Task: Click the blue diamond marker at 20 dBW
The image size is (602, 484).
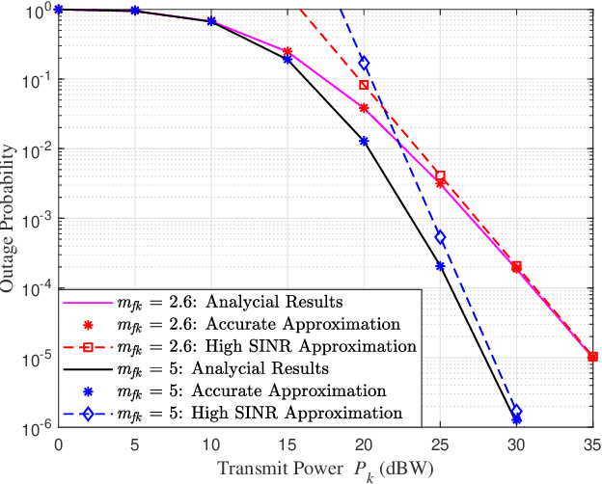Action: coord(364,63)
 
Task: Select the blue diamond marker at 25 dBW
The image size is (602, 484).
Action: coord(440,237)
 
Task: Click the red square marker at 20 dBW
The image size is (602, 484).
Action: coord(364,85)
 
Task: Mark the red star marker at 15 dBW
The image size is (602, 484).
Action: coord(287,51)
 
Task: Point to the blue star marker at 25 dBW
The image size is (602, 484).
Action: coord(440,266)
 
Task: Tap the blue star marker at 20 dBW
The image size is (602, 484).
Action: coord(364,141)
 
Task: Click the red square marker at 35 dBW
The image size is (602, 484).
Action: coord(592,357)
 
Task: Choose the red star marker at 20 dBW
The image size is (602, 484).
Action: coord(364,108)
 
